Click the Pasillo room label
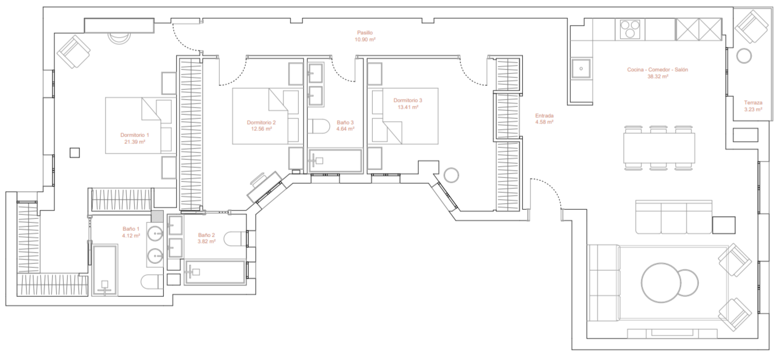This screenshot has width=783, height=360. pos(365,32)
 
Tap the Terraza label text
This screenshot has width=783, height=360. pos(753,103)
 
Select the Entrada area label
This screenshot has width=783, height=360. pos(544,115)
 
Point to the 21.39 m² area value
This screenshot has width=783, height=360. pos(134,142)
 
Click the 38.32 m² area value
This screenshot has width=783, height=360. pos(658,77)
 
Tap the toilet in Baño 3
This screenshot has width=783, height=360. pos(319,126)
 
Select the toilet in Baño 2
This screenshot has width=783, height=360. pos(236,239)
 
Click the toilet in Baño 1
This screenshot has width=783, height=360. pos(152,282)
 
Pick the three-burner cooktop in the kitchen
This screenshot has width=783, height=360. pos(630,29)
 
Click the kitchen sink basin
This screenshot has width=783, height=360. pos(581,68)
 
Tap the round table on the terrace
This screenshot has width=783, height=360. pos(744,56)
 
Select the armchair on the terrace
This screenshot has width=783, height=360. pos(752,27)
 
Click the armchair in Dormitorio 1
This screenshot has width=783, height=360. pos(74,52)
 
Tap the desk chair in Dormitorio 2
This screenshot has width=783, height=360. pos(259,180)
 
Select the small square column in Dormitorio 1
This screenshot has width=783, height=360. pos(75,153)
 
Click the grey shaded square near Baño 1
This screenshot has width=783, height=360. pos(157,217)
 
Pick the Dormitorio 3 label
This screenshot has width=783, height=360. pos(407,100)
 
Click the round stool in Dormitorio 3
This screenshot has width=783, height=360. pos(451,175)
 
